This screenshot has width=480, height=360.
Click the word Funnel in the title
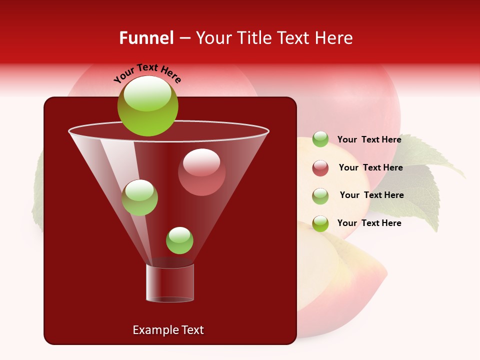[x=146, y=38]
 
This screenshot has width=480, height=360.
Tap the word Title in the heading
[x=254, y=38]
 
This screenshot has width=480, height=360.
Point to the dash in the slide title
[x=184, y=38]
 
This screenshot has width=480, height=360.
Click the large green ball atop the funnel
[x=147, y=106]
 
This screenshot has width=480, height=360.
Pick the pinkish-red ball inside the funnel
[x=201, y=172]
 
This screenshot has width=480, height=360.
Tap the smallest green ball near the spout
[x=179, y=240]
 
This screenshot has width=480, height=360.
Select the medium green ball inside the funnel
[x=139, y=197]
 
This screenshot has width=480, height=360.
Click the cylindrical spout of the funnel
[x=170, y=283]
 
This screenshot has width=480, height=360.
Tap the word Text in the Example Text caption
[x=192, y=330]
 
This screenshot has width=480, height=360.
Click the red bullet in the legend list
[x=320, y=168]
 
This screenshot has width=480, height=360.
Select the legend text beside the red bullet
[x=370, y=167]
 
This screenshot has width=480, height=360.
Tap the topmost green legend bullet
[x=320, y=139]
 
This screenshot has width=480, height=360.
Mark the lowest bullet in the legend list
[x=320, y=223]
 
